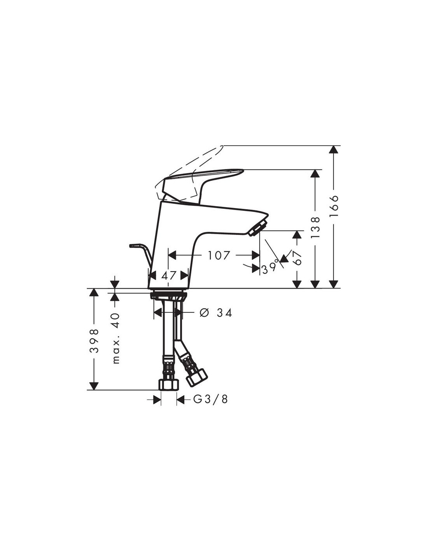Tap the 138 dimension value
[x=315, y=228]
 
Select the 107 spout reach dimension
[x=219, y=255]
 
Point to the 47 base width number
[x=168, y=275]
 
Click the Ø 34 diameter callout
[x=216, y=313]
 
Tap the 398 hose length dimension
[x=94, y=341]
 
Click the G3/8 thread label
[x=210, y=399]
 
